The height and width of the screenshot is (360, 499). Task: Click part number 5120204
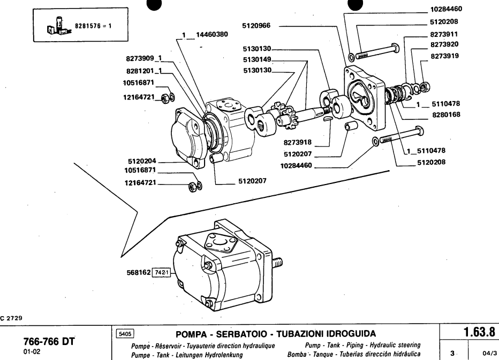(142, 159)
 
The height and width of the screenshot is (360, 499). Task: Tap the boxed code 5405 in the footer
(125, 333)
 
